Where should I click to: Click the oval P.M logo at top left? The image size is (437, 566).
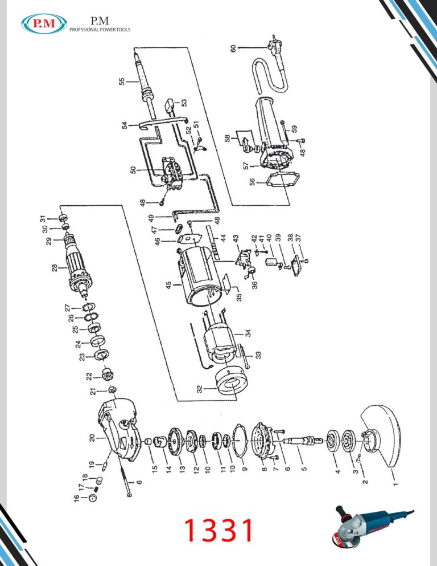44,23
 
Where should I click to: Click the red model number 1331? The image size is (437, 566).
218,530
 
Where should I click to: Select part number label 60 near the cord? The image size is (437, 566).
233,48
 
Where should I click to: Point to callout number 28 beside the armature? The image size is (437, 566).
54,268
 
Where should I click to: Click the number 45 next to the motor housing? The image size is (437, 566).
168,286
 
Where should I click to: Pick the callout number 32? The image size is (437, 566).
199,389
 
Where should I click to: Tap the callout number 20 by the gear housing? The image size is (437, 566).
92,438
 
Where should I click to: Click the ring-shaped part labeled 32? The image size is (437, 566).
231,383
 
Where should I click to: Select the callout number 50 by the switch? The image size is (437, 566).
133,170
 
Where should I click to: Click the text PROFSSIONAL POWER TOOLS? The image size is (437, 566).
100,30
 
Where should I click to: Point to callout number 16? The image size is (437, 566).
76,498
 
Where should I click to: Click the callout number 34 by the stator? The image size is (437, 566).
248,333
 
